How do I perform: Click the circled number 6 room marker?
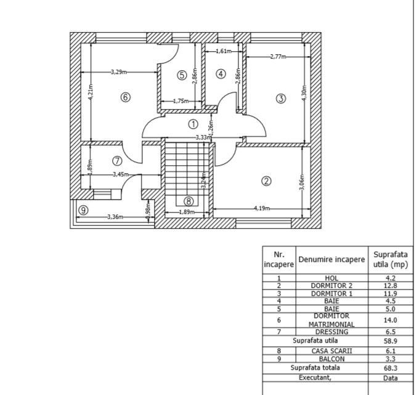[x=126, y=97]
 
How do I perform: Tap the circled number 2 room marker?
[x=266, y=181]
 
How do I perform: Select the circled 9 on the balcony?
[x=83, y=210]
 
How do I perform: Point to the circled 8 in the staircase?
[x=189, y=201]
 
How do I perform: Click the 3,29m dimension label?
[x=119, y=72]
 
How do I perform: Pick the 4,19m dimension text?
[x=262, y=208]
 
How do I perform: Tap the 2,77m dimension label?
[x=278, y=57]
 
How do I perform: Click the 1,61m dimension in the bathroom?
[x=224, y=51]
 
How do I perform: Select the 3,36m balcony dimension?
[x=115, y=217]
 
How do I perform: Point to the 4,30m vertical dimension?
[x=304, y=92]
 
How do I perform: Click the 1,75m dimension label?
[x=181, y=101]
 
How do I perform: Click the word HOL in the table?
[x=332, y=278]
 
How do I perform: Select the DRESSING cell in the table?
[x=332, y=332]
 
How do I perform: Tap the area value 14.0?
[x=390, y=320]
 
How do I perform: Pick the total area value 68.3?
[x=391, y=368]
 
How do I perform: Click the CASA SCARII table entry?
[x=332, y=351]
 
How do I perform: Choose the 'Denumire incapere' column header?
[x=332, y=259]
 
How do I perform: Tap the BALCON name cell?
[x=332, y=359]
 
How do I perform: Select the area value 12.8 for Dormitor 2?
[x=390, y=286]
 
